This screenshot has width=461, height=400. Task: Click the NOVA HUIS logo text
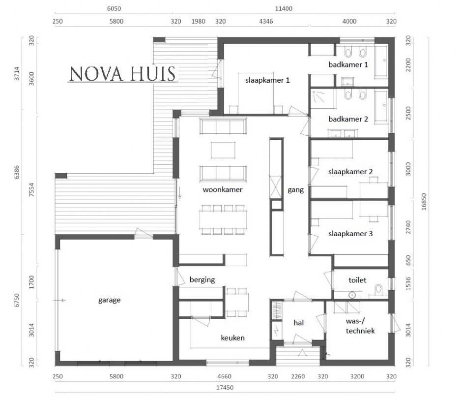(122, 74)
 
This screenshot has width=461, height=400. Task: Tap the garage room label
(109, 300)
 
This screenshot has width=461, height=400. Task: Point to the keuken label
(232, 338)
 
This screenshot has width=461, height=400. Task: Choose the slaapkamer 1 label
(264, 79)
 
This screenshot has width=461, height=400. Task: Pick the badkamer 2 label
(348, 119)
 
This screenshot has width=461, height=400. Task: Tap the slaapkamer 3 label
(350, 234)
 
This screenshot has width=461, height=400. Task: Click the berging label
(202, 279)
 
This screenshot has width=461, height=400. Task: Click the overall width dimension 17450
(224, 388)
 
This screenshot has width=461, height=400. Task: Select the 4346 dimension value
(265, 21)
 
